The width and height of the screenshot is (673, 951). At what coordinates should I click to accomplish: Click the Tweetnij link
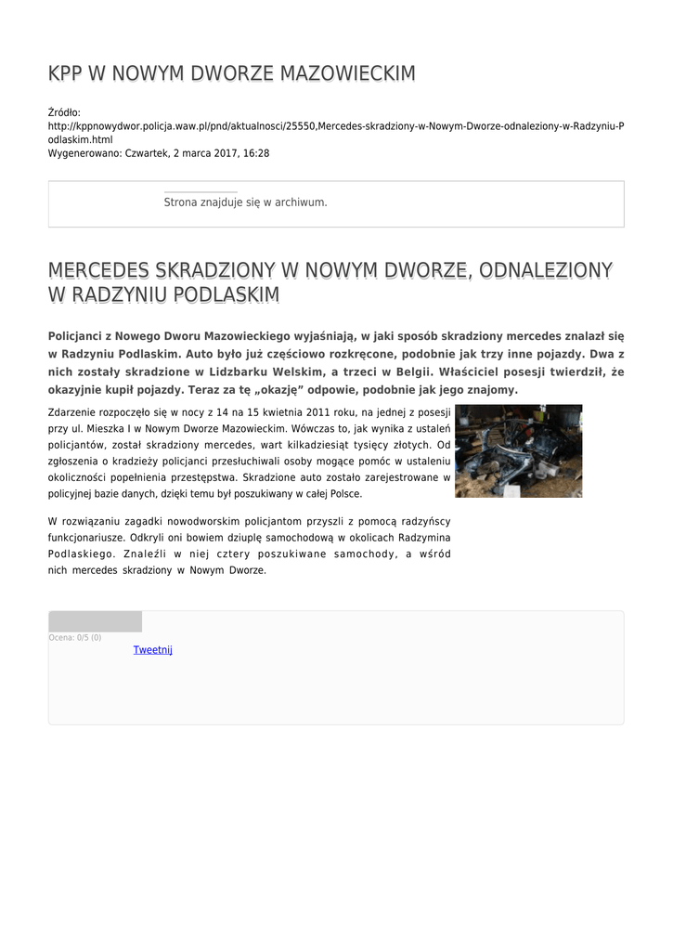152,650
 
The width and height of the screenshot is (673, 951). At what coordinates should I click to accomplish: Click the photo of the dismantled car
518,450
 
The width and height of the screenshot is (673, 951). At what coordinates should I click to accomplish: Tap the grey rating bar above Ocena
95,621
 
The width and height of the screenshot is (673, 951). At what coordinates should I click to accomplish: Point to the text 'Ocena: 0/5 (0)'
75,638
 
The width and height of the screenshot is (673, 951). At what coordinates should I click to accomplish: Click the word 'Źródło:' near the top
65,112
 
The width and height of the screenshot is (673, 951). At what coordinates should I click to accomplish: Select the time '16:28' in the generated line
257,152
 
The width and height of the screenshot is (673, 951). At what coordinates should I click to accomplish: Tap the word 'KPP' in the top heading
65,74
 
